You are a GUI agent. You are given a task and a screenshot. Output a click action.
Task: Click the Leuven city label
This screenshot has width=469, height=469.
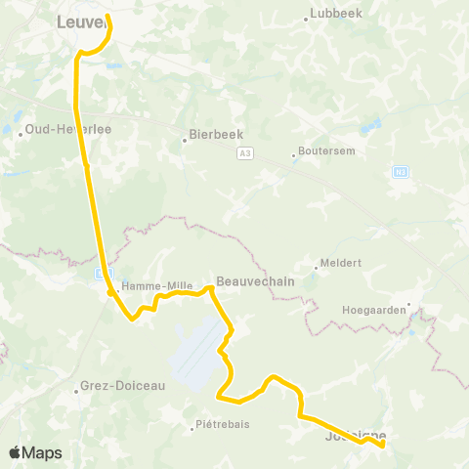pyautogui.click(x=80, y=22)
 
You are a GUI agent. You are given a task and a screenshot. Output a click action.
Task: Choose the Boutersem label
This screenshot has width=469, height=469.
pyautogui.click(x=324, y=151)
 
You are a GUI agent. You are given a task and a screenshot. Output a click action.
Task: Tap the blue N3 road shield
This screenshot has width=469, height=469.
pyautogui.click(x=400, y=172)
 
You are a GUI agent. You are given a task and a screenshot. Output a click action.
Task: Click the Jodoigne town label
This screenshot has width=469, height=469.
pyautogui.click(x=354, y=436)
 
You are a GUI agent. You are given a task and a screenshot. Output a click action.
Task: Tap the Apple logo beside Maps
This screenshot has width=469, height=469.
pyautogui.click(x=15, y=452)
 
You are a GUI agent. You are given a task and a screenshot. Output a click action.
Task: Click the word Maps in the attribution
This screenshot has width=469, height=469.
pyautogui.click(x=43, y=453)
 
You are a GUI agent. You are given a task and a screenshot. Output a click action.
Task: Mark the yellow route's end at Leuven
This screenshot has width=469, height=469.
pyautogui.click(x=106, y=16)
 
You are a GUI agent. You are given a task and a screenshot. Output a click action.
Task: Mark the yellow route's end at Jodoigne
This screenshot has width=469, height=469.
pyautogui.click(x=382, y=446)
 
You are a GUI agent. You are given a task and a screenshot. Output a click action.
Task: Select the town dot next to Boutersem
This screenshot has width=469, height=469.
pyautogui.click(x=293, y=153)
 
